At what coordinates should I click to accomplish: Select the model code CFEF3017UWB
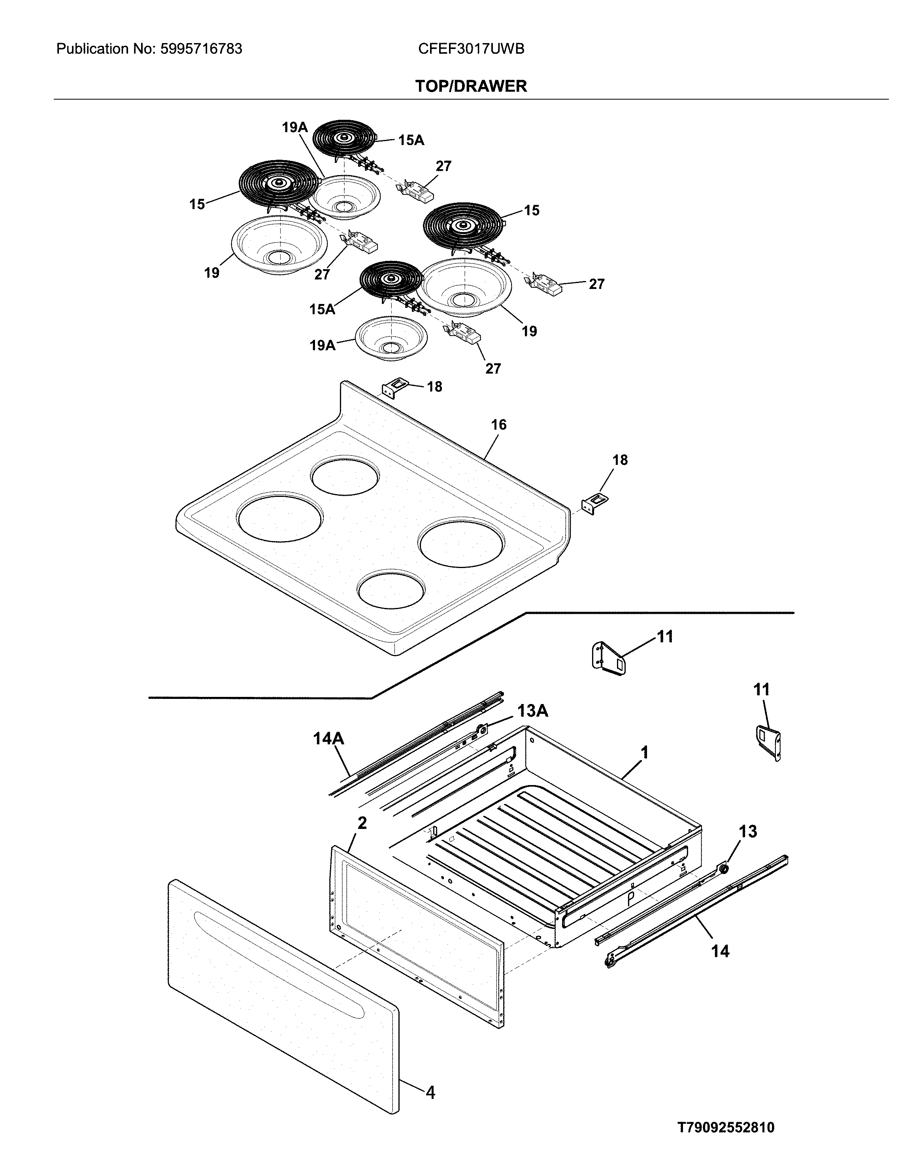click(471, 49)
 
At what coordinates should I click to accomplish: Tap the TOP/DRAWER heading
click(471, 86)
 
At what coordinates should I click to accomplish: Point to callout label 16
click(499, 425)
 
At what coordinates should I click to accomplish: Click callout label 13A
click(533, 711)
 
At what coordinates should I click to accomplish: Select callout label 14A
click(328, 738)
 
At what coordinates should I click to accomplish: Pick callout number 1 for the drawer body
click(644, 752)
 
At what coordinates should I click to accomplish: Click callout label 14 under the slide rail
click(720, 951)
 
